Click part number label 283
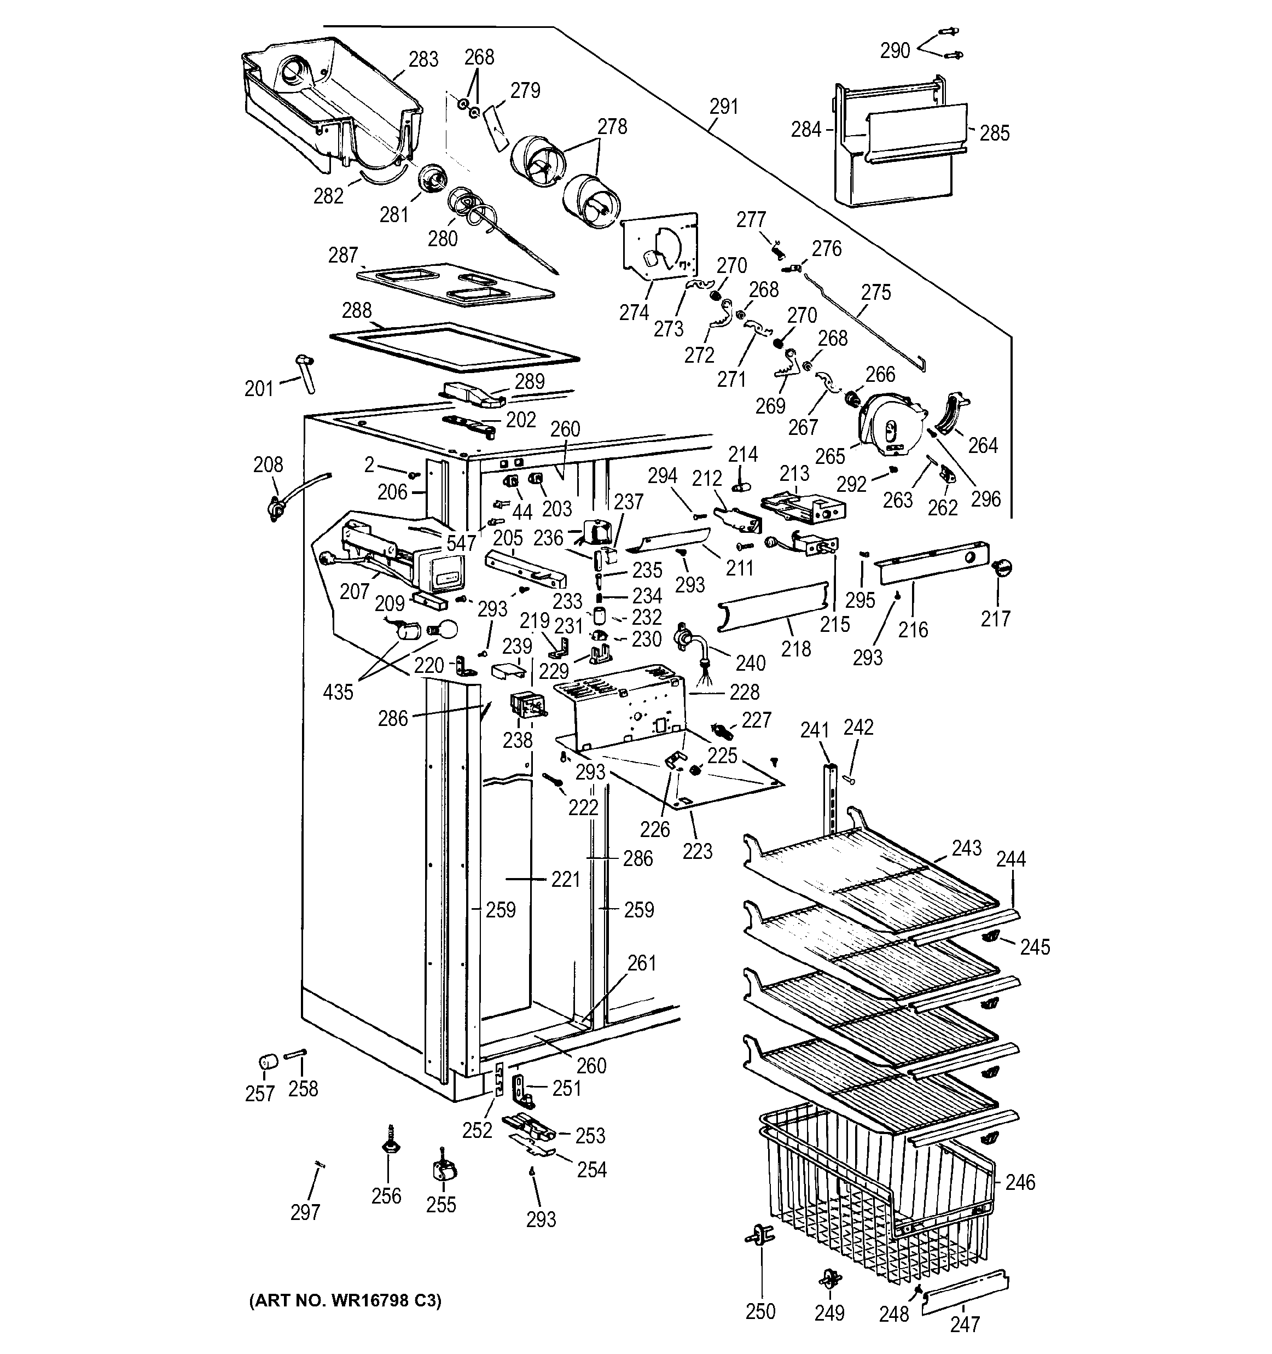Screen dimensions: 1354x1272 (x=423, y=60)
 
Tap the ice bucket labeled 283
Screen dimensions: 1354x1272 (x=327, y=102)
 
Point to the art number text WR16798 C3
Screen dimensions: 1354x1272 (x=345, y=1301)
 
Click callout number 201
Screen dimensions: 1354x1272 (x=258, y=389)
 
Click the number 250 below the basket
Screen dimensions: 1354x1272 (x=760, y=1311)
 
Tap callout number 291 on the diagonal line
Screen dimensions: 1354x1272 (x=723, y=107)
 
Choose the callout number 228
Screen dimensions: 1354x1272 (x=744, y=693)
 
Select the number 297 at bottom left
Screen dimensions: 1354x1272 (x=305, y=1212)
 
